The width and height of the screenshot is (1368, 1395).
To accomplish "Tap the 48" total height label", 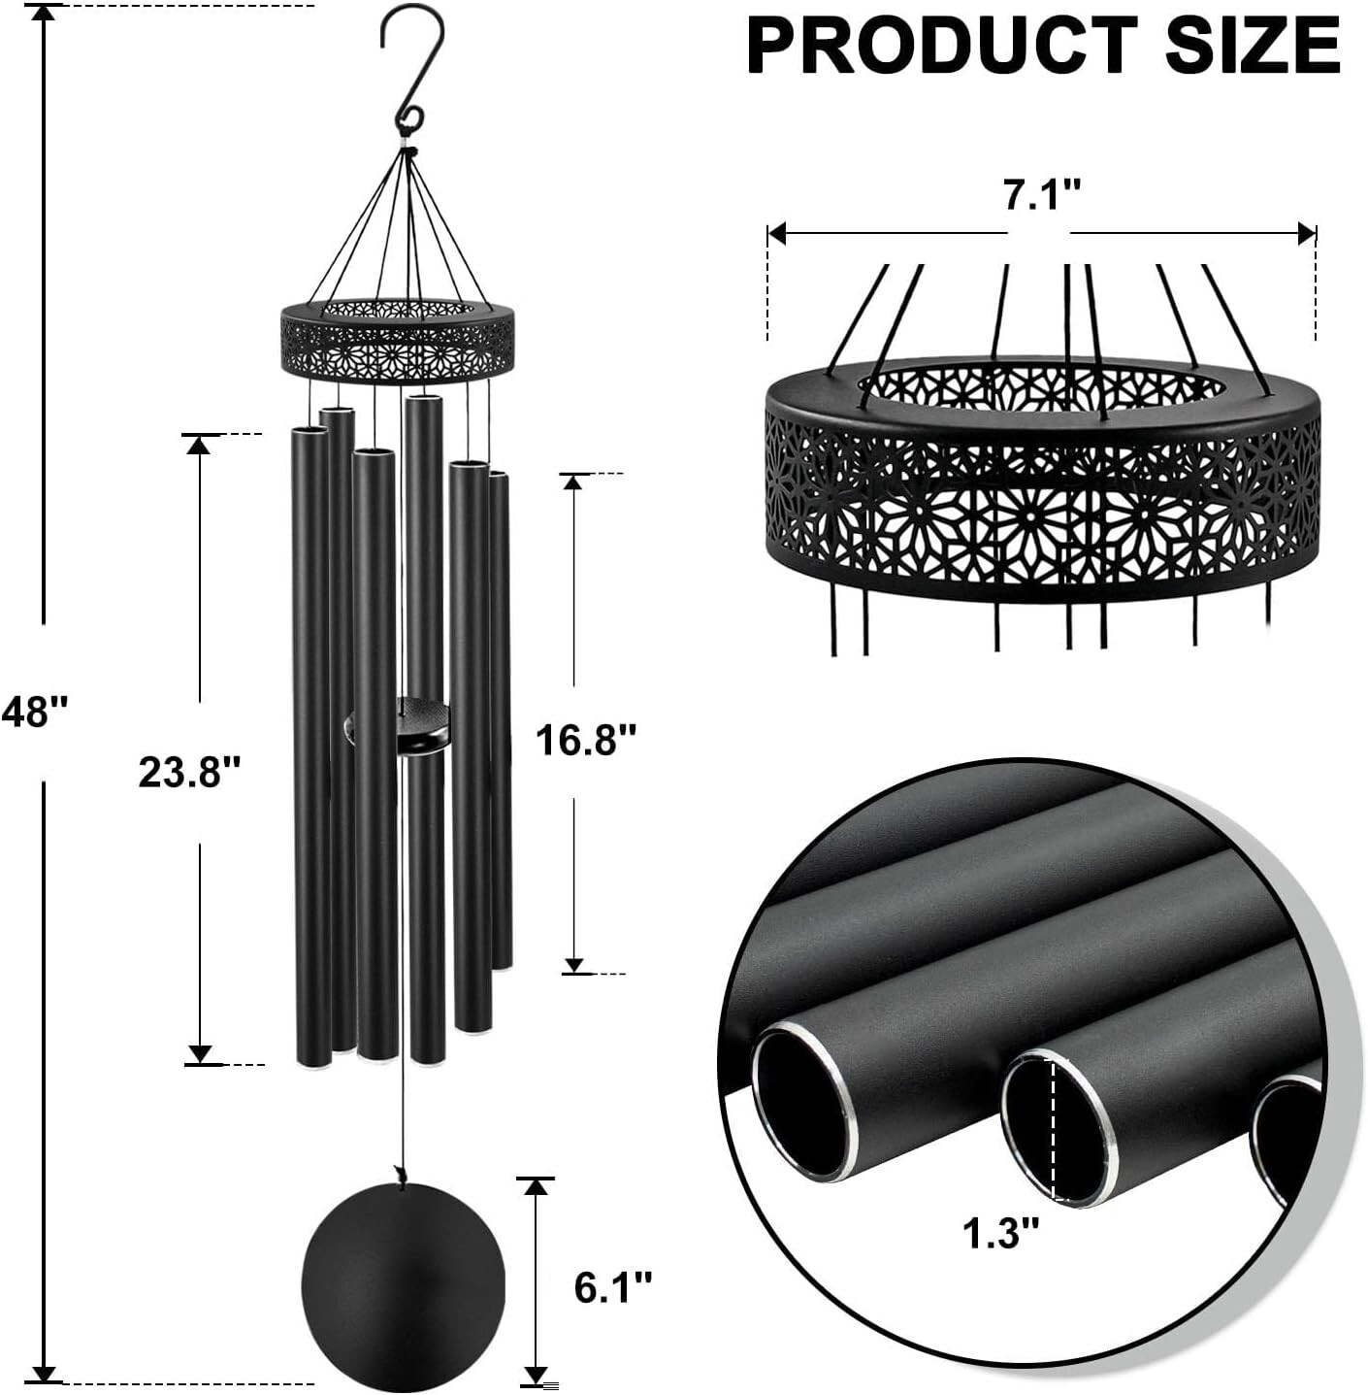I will point(36,712).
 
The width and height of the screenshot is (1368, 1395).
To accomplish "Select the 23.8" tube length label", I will point(189,773).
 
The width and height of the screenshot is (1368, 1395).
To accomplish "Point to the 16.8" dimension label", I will point(586,741).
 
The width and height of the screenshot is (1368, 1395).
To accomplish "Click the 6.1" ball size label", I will point(613,1287).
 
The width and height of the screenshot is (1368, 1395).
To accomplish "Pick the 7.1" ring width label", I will point(1041,195).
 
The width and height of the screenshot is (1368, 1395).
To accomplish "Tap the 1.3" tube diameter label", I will point(1000,1234).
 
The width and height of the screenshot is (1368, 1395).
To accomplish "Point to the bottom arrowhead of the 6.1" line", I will point(535,1375).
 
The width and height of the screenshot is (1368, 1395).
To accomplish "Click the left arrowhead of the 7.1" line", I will point(775,234).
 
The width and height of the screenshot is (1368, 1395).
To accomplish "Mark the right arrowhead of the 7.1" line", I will point(1308,234).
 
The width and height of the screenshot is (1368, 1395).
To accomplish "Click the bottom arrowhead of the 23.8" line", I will point(200,1054).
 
